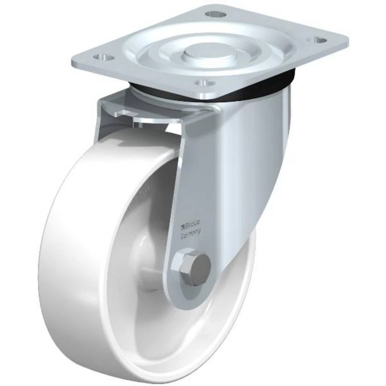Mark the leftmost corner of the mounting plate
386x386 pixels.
click(x=73, y=62)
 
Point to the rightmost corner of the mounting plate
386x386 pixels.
click(x=348, y=39)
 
